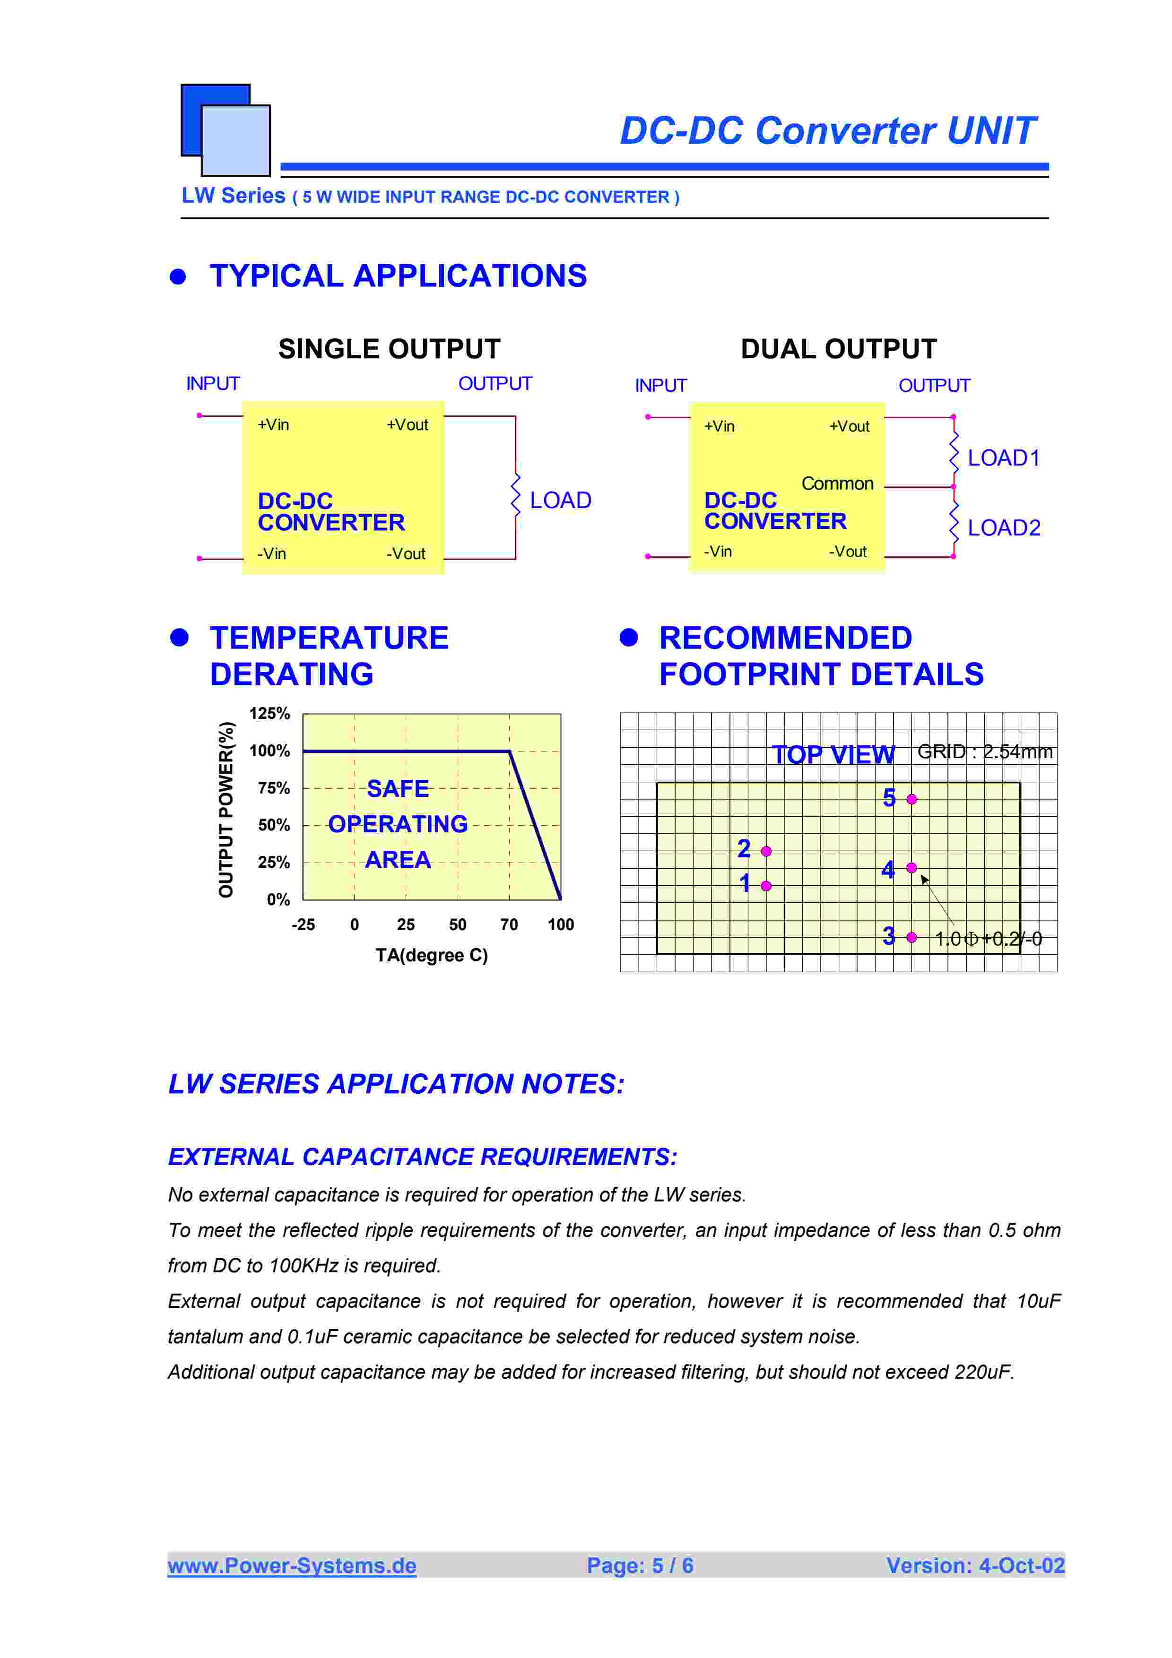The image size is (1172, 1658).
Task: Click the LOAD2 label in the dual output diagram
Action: [x=1003, y=528]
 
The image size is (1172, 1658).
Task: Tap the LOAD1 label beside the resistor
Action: [x=1003, y=458]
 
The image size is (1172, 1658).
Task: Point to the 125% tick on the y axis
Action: [x=269, y=714]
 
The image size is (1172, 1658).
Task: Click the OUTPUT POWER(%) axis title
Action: [x=226, y=810]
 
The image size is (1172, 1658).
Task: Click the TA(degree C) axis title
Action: [x=431, y=955]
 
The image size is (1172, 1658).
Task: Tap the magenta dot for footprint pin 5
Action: [x=912, y=799]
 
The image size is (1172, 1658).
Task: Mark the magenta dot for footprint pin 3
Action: [x=912, y=937]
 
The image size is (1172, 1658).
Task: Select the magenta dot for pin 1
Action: [x=766, y=886]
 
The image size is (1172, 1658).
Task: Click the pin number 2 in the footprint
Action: [x=744, y=848]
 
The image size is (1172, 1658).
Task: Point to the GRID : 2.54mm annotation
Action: [x=984, y=752]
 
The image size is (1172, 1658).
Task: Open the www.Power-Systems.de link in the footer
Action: [x=292, y=1565]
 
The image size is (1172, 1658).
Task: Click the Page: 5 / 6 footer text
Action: [x=640, y=1565]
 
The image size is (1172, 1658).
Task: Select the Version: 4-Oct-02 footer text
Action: [x=975, y=1565]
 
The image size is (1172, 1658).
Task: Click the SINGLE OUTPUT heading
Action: [x=389, y=349]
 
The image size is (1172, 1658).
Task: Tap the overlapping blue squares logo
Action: [x=226, y=130]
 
